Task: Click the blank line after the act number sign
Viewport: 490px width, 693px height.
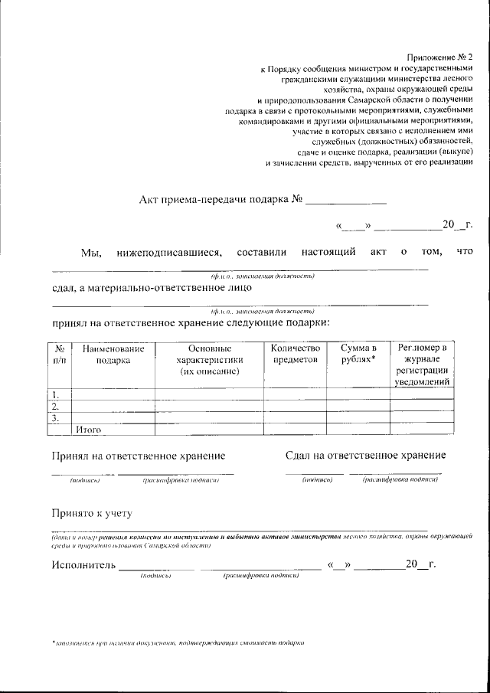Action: tap(346, 201)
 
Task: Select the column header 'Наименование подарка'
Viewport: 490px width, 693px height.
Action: tap(113, 354)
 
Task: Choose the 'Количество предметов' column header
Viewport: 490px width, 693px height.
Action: tap(295, 354)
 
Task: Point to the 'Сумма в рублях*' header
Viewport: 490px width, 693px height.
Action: tap(358, 354)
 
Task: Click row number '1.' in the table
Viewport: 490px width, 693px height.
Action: tap(56, 394)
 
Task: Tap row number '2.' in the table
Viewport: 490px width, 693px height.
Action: tap(56, 407)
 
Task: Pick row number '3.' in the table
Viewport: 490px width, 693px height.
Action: tap(56, 419)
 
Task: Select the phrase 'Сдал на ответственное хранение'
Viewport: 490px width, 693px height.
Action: tap(365, 456)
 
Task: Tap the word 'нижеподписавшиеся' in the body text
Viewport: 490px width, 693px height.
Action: tap(169, 251)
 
